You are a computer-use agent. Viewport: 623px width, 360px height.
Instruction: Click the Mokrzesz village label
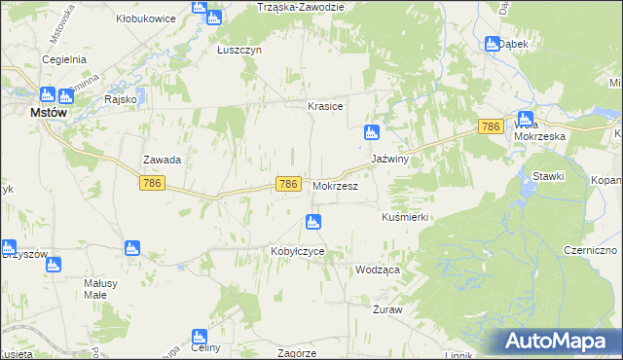(337, 185)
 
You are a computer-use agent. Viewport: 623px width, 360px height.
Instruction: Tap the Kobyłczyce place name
(297, 251)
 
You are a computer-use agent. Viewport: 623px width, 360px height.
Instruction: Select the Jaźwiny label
(388, 159)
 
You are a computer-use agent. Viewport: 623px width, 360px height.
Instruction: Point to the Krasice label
(325, 106)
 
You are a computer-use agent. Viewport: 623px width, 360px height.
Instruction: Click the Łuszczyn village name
(238, 51)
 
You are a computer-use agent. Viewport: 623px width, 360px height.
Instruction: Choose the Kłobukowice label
(144, 18)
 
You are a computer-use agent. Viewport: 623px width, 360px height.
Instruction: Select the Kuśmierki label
(406, 217)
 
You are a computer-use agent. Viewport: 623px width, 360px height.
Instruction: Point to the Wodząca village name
(379, 270)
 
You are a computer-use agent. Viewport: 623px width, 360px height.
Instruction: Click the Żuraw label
(387, 308)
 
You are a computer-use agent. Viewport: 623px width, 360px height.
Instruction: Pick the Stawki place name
(549, 175)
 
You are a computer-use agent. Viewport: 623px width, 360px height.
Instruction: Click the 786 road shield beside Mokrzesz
(287, 184)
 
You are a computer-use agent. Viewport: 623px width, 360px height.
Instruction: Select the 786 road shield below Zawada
(151, 182)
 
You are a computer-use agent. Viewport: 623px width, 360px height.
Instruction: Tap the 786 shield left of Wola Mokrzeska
(491, 126)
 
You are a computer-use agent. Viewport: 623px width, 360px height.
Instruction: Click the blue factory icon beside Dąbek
(492, 43)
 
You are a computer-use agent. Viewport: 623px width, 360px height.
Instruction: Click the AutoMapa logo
(562, 342)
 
